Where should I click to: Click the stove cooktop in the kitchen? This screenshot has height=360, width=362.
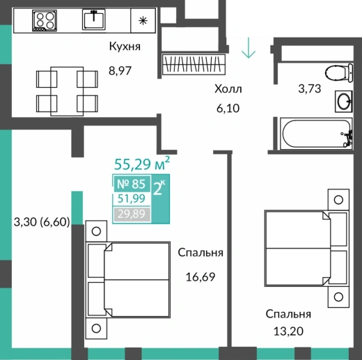(45, 20)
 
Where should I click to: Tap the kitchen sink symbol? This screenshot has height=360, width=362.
(94, 19)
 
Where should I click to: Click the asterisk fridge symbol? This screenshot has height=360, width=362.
(143, 21)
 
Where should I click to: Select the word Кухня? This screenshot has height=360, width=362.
(125, 46)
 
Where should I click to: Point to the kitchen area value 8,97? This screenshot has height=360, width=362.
(120, 70)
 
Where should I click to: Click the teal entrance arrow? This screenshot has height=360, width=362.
(249, 47)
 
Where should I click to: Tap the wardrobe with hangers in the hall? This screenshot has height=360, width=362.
(194, 64)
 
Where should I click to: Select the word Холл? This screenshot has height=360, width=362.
(228, 88)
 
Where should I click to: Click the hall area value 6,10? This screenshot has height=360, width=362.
(228, 109)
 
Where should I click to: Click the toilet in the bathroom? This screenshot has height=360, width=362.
(339, 72)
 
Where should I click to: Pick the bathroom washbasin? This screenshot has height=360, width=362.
(344, 102)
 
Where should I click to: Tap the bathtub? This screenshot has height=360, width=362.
(317, 134)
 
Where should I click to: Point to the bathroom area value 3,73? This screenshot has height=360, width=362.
(310, 88)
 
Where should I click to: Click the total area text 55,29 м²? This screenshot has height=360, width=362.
(142, 163)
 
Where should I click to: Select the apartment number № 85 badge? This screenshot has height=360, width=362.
(132, 184)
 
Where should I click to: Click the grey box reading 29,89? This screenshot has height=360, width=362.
(132, 214)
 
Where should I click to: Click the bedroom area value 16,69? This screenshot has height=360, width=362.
(200, 277)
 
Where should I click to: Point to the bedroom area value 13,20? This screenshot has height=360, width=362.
(288, 331)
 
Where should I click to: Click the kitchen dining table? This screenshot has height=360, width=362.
(67, 91)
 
